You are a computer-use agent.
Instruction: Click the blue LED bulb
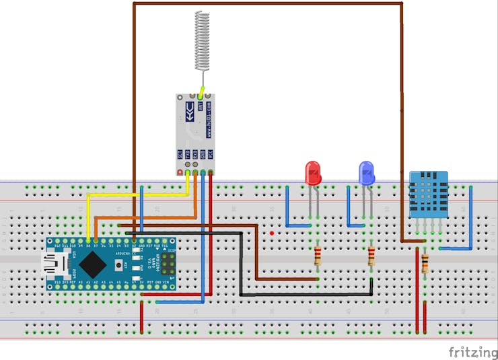366,173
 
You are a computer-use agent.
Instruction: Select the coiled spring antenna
201,40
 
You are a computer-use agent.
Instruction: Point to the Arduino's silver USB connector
52,262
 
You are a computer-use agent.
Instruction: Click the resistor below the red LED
318,256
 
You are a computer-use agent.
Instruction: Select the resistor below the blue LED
371,256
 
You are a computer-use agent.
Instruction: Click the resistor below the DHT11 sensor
425,263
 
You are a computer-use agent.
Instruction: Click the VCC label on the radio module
211,154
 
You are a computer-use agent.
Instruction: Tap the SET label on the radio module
180,154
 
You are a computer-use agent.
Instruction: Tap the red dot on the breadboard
271,233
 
